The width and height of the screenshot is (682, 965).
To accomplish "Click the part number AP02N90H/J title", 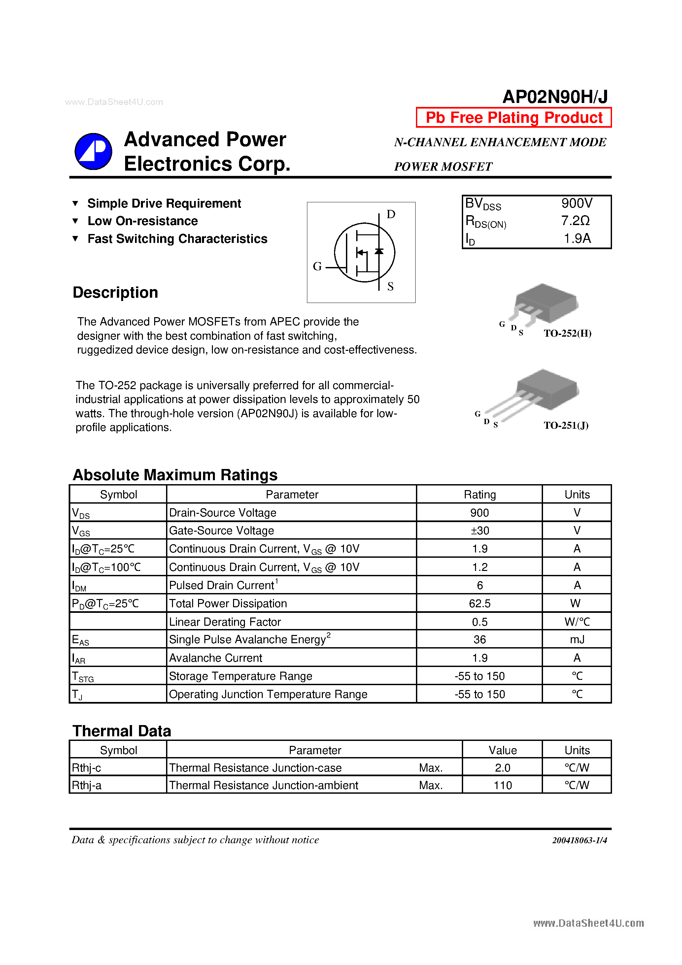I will [555, 97].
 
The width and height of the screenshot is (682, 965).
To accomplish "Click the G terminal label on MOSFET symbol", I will [318, 266].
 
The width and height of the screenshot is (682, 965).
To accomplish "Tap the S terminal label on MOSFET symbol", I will [390, 287].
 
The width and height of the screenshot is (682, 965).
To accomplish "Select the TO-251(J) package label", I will [565, 425].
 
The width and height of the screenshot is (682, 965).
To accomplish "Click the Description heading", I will [115, 292].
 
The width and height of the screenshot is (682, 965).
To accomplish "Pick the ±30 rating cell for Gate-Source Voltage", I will [479, 531].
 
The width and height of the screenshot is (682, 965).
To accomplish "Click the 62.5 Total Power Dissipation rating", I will [479, 604].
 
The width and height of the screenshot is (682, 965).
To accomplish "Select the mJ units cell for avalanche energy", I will [577, 640].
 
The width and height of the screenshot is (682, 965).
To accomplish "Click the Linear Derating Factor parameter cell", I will [224, 622].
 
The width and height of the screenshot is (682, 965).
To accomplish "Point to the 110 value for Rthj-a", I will [502, 785].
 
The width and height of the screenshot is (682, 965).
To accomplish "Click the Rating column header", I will [479, 495].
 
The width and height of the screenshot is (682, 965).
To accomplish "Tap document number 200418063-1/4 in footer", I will [579, 840].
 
